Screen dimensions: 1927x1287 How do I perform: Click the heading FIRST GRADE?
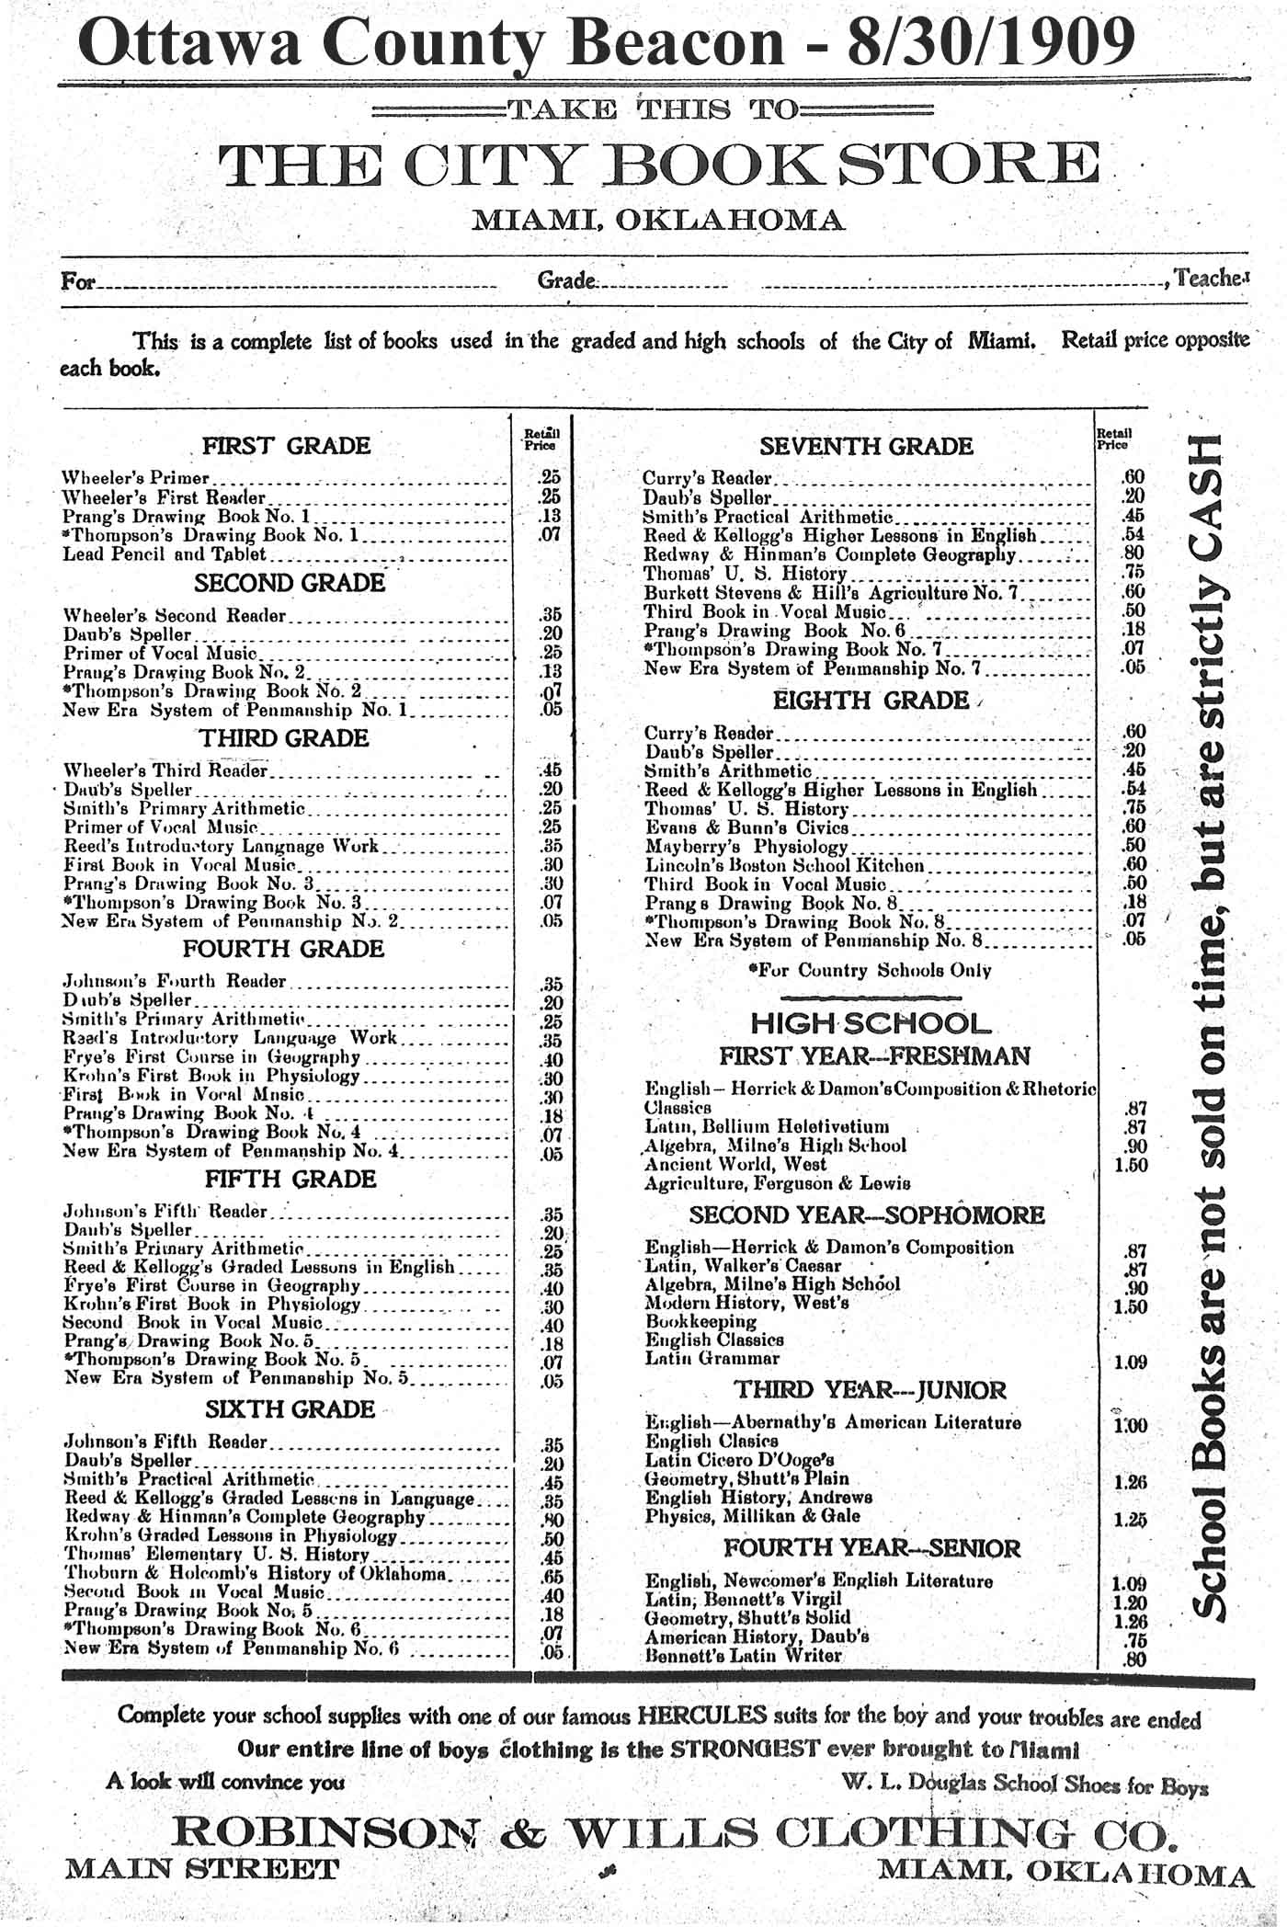click(286, 446)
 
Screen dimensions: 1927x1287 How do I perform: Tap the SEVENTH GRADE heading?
click(865, 447)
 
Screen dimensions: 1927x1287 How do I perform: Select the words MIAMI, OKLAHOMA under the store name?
click(657, 221)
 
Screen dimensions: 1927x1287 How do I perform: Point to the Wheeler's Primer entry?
click(136, 478)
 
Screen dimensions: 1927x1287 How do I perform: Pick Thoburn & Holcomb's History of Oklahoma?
click(256, 1574)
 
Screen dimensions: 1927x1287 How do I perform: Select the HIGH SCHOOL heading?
click(871, 1023)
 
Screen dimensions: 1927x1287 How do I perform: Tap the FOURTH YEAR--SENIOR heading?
click(871, 1548)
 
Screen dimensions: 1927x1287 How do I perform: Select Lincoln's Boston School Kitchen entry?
click(784, 865)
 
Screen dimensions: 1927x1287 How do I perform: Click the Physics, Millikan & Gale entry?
click(752, 1516)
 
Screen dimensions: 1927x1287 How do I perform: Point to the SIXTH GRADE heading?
click(290, 1409)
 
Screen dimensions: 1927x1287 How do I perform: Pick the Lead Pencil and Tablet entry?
click(165, 554)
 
